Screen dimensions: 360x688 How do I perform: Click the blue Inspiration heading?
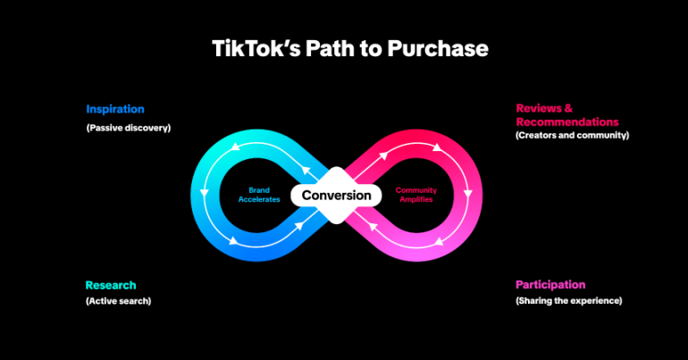coord(116,109)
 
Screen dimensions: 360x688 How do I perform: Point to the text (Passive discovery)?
coord(128,127)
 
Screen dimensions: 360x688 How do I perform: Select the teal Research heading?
coord(111,285)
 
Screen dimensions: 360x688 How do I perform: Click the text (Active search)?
coord(119,301)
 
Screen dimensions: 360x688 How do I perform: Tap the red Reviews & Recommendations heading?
coord(566,115)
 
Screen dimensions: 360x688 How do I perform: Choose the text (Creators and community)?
coord(572,135)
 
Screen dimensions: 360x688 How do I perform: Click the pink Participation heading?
coord(550,285)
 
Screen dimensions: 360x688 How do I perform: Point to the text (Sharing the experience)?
coord(568,301)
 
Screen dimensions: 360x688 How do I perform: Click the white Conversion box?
coord(336,195)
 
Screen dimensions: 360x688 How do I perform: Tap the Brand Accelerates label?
coord(258,195)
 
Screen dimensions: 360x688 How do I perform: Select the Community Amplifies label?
coord(415,195)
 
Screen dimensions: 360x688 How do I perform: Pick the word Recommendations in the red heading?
coord(566,121)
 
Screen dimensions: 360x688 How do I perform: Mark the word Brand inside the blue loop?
coord(258,190)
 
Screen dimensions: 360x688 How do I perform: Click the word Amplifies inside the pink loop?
coord(415,200)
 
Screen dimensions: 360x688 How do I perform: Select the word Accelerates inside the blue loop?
coord(258,200)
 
